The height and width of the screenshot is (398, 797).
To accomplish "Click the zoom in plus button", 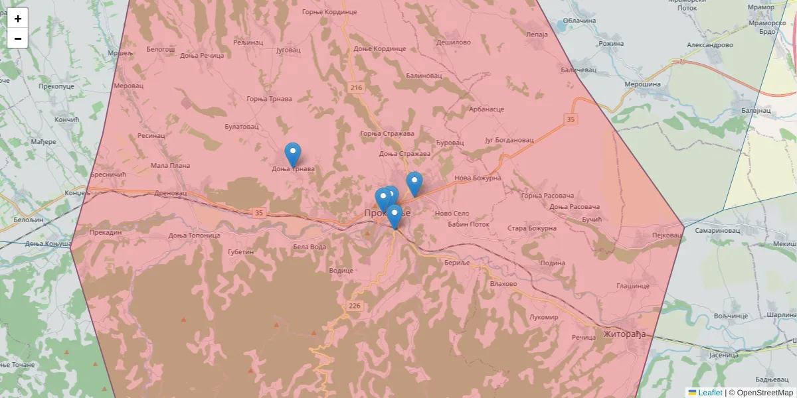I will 18,19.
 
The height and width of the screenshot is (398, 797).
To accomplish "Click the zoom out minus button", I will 18,38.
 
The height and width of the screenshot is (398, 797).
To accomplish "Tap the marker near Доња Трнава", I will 292,155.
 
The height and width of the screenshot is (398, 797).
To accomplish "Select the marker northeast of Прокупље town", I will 414,184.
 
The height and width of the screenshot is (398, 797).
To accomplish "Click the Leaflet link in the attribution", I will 710,393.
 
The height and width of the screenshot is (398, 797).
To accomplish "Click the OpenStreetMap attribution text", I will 764,393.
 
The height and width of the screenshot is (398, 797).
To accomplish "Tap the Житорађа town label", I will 624,334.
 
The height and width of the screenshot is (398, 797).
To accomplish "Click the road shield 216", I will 357,88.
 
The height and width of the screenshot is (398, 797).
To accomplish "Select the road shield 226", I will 354,305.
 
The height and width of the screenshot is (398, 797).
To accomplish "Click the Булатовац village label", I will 241,126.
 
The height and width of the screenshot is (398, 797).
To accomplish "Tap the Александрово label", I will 709,45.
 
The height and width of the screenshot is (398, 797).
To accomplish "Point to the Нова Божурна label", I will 478,178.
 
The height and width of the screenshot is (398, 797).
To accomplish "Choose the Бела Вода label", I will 310,247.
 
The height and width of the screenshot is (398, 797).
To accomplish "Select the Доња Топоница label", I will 194,235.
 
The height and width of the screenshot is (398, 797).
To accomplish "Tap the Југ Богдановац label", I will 509,141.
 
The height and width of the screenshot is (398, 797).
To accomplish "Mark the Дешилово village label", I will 454,42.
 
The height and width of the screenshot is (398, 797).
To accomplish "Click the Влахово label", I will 503,284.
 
